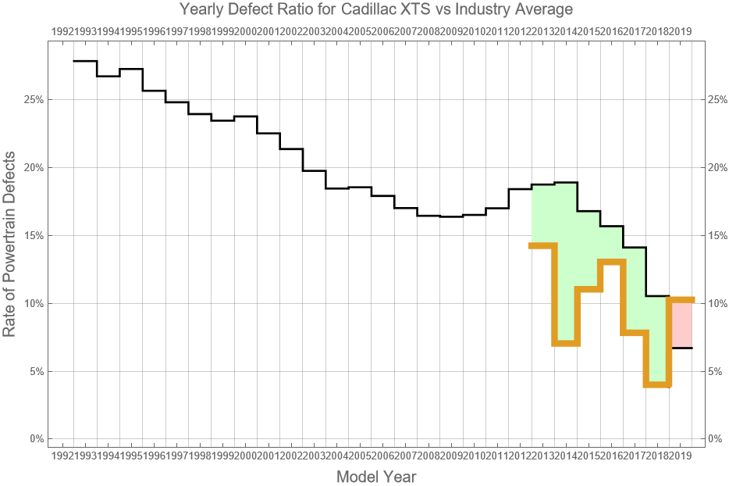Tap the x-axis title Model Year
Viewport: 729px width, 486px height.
(375, 477)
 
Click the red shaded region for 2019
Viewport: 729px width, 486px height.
(681, 323)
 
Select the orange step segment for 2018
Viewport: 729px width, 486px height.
(658, 384)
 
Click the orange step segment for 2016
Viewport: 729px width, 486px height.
(612, 262)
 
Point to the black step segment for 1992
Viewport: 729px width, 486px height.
(84, 61)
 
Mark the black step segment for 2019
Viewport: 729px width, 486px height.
(681, 348)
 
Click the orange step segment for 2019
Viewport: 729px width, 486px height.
(681, 300)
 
